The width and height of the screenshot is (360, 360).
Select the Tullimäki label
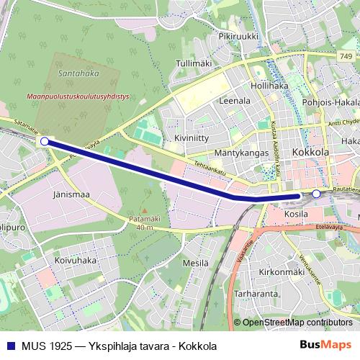click(x=194, y=63)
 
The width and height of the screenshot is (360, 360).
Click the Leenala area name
click(x=233, y=102)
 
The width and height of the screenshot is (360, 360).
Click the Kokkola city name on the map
click(x=310, y=153)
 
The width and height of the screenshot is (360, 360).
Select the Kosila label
click(x=296, y=214)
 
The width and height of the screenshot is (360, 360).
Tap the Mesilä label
click(x=195, y=263)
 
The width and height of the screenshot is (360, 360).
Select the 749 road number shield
click(x=347, y=55)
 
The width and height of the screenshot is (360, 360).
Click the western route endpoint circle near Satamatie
click(x=45, y=141)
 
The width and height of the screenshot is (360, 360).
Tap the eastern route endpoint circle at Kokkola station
click(x=315, y=193)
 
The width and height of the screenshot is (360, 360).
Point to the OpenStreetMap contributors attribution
click(x=297, y=323)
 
